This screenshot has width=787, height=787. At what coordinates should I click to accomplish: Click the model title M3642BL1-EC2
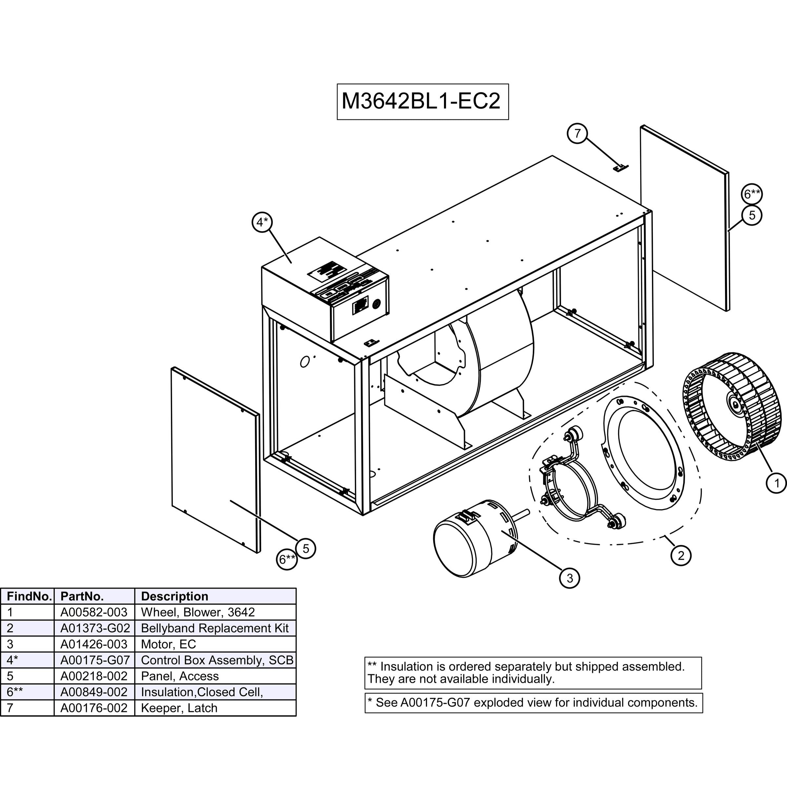[422, 101]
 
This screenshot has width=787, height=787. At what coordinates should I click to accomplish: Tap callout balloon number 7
[577, 133]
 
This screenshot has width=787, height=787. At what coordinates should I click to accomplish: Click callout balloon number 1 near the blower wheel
[776, 483]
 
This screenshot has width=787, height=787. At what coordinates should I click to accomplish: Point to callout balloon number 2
[681, 555]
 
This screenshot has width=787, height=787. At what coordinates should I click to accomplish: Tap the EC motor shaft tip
[528, 512]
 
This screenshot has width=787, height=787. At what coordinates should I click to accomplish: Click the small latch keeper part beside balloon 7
[620, 168]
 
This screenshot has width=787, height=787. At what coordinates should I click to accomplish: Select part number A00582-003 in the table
[94, 612]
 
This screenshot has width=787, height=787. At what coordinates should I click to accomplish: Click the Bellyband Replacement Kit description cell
[215, 628]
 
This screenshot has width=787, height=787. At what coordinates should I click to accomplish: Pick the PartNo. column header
[82, 596]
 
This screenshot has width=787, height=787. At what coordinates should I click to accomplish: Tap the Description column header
[174, 596]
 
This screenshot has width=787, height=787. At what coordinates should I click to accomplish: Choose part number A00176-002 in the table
[94, 708]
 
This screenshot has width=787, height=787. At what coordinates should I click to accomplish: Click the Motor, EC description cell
[168, 644]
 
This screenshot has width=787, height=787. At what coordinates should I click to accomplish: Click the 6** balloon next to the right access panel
[752, 194]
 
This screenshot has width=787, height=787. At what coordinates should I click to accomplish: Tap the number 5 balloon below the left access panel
[306, 549]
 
